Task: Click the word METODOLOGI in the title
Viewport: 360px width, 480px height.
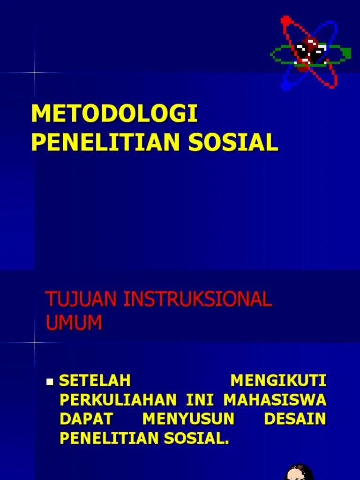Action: coord(114,115)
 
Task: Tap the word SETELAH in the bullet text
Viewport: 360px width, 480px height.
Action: coord(94,381)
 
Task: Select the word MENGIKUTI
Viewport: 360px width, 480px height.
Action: coord(278,381)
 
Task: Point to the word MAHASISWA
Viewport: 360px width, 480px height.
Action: coord(275,400)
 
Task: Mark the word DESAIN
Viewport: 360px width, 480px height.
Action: coord(295,419)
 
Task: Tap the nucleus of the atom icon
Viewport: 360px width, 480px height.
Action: coord(310,53)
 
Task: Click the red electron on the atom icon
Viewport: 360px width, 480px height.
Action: coord(285,20)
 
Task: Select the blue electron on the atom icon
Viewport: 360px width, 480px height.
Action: coord(285,86)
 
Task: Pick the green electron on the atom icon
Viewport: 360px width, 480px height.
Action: coord(346,53)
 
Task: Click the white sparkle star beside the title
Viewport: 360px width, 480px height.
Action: coord(34,73)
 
